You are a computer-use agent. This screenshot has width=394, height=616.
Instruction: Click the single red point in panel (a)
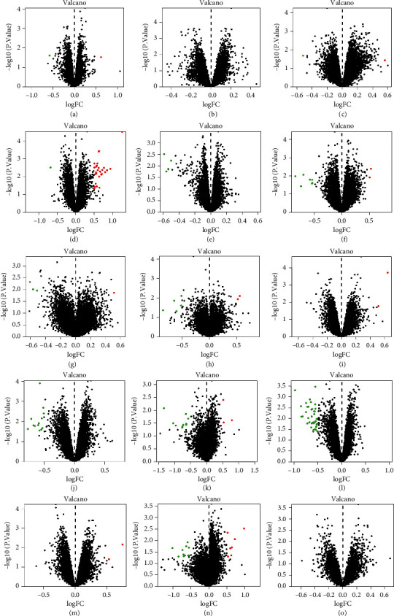101,57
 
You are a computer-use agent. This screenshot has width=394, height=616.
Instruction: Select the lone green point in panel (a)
50,55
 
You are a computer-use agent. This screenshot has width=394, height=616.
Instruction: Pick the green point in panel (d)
50,167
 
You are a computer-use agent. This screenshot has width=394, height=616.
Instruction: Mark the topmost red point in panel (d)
123,132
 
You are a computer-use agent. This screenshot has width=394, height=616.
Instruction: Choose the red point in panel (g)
114,293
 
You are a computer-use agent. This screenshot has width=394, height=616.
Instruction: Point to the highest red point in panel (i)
387,273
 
